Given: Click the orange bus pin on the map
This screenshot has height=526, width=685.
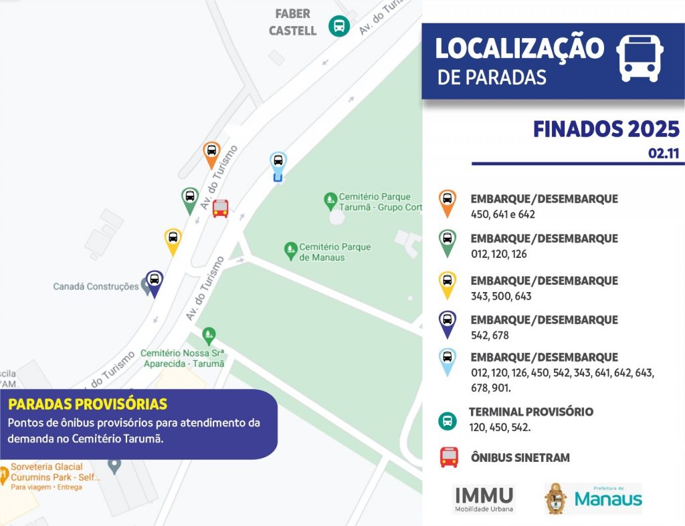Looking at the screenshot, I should [x=211, y=152].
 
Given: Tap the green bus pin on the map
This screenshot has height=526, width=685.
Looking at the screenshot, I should [x=190, y=199].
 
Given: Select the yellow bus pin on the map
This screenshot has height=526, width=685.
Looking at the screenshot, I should [x=173, y=239].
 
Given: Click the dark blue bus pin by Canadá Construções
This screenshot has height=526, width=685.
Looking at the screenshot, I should [x=154, y=281].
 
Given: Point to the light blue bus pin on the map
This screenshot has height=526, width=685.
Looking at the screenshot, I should [x=278, y=164].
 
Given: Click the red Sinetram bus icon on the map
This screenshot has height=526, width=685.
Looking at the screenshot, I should [x=221, y=209].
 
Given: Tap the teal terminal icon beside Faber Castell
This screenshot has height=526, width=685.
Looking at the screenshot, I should [x=339, y=26].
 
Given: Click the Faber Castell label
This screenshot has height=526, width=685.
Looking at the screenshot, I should [x=293, y=22].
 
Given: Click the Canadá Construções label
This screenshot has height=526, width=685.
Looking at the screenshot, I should [x=96, y=287].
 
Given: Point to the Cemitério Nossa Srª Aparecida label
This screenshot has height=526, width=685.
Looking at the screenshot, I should [x=184, y=358].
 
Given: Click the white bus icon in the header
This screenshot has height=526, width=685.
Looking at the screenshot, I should [x=640, y=57].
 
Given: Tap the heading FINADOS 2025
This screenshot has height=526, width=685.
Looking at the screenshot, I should [x=606, y=129].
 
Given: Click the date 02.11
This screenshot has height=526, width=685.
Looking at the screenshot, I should [x=663, y=154].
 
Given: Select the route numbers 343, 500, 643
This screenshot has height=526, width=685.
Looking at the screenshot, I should [x=501, y=296].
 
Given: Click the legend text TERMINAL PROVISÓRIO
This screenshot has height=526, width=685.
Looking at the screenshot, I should [x=530, y=412].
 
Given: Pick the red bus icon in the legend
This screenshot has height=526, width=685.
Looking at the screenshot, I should [x=449, y=457].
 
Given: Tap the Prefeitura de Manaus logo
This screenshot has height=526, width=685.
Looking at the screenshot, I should [x=593, y=499].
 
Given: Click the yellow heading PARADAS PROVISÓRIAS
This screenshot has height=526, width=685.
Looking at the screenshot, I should [x=88, y=405].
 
